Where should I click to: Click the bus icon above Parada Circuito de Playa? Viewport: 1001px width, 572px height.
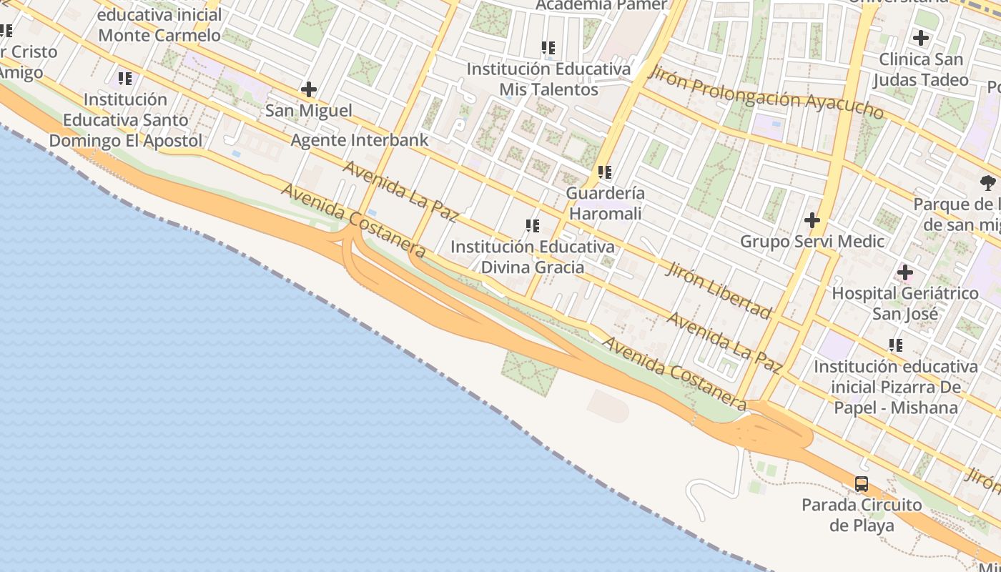(x=862, y=484)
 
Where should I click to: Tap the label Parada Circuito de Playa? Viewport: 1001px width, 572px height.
(x=862, y=516)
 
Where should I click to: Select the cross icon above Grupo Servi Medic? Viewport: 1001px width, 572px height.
(x=812, y=220)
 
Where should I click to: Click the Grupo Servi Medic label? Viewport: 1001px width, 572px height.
(x=812, y=242)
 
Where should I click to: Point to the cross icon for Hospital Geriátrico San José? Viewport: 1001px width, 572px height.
(x=904, y=272)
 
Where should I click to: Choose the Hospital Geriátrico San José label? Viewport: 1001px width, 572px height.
(x=904, y=303)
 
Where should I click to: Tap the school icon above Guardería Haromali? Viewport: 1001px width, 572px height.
(x=605, y=172)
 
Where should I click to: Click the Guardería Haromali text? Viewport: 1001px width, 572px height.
(x=605, y=203)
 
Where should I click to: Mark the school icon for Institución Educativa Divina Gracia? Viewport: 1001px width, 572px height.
(x=532, y=226)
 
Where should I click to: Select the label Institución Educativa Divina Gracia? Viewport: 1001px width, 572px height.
(x=532, y=257)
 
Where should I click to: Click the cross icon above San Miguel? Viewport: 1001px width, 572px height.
(x=309, y=89)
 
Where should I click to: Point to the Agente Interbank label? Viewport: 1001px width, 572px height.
(x=359, y=140)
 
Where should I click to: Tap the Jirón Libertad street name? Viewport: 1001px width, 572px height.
(x=719, y=289)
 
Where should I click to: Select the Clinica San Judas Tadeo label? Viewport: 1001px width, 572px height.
(x=921, y=69)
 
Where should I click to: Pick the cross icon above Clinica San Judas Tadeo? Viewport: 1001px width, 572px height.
(x=921, y=38)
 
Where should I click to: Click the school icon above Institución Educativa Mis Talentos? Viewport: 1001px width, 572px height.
(x=548, y=48)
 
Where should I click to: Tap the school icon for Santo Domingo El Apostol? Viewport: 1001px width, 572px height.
(x=125, y=78)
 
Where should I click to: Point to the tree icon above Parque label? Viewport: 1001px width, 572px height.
(x=988, y=183)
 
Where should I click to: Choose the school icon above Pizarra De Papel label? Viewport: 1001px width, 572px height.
(x=895, y=346)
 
